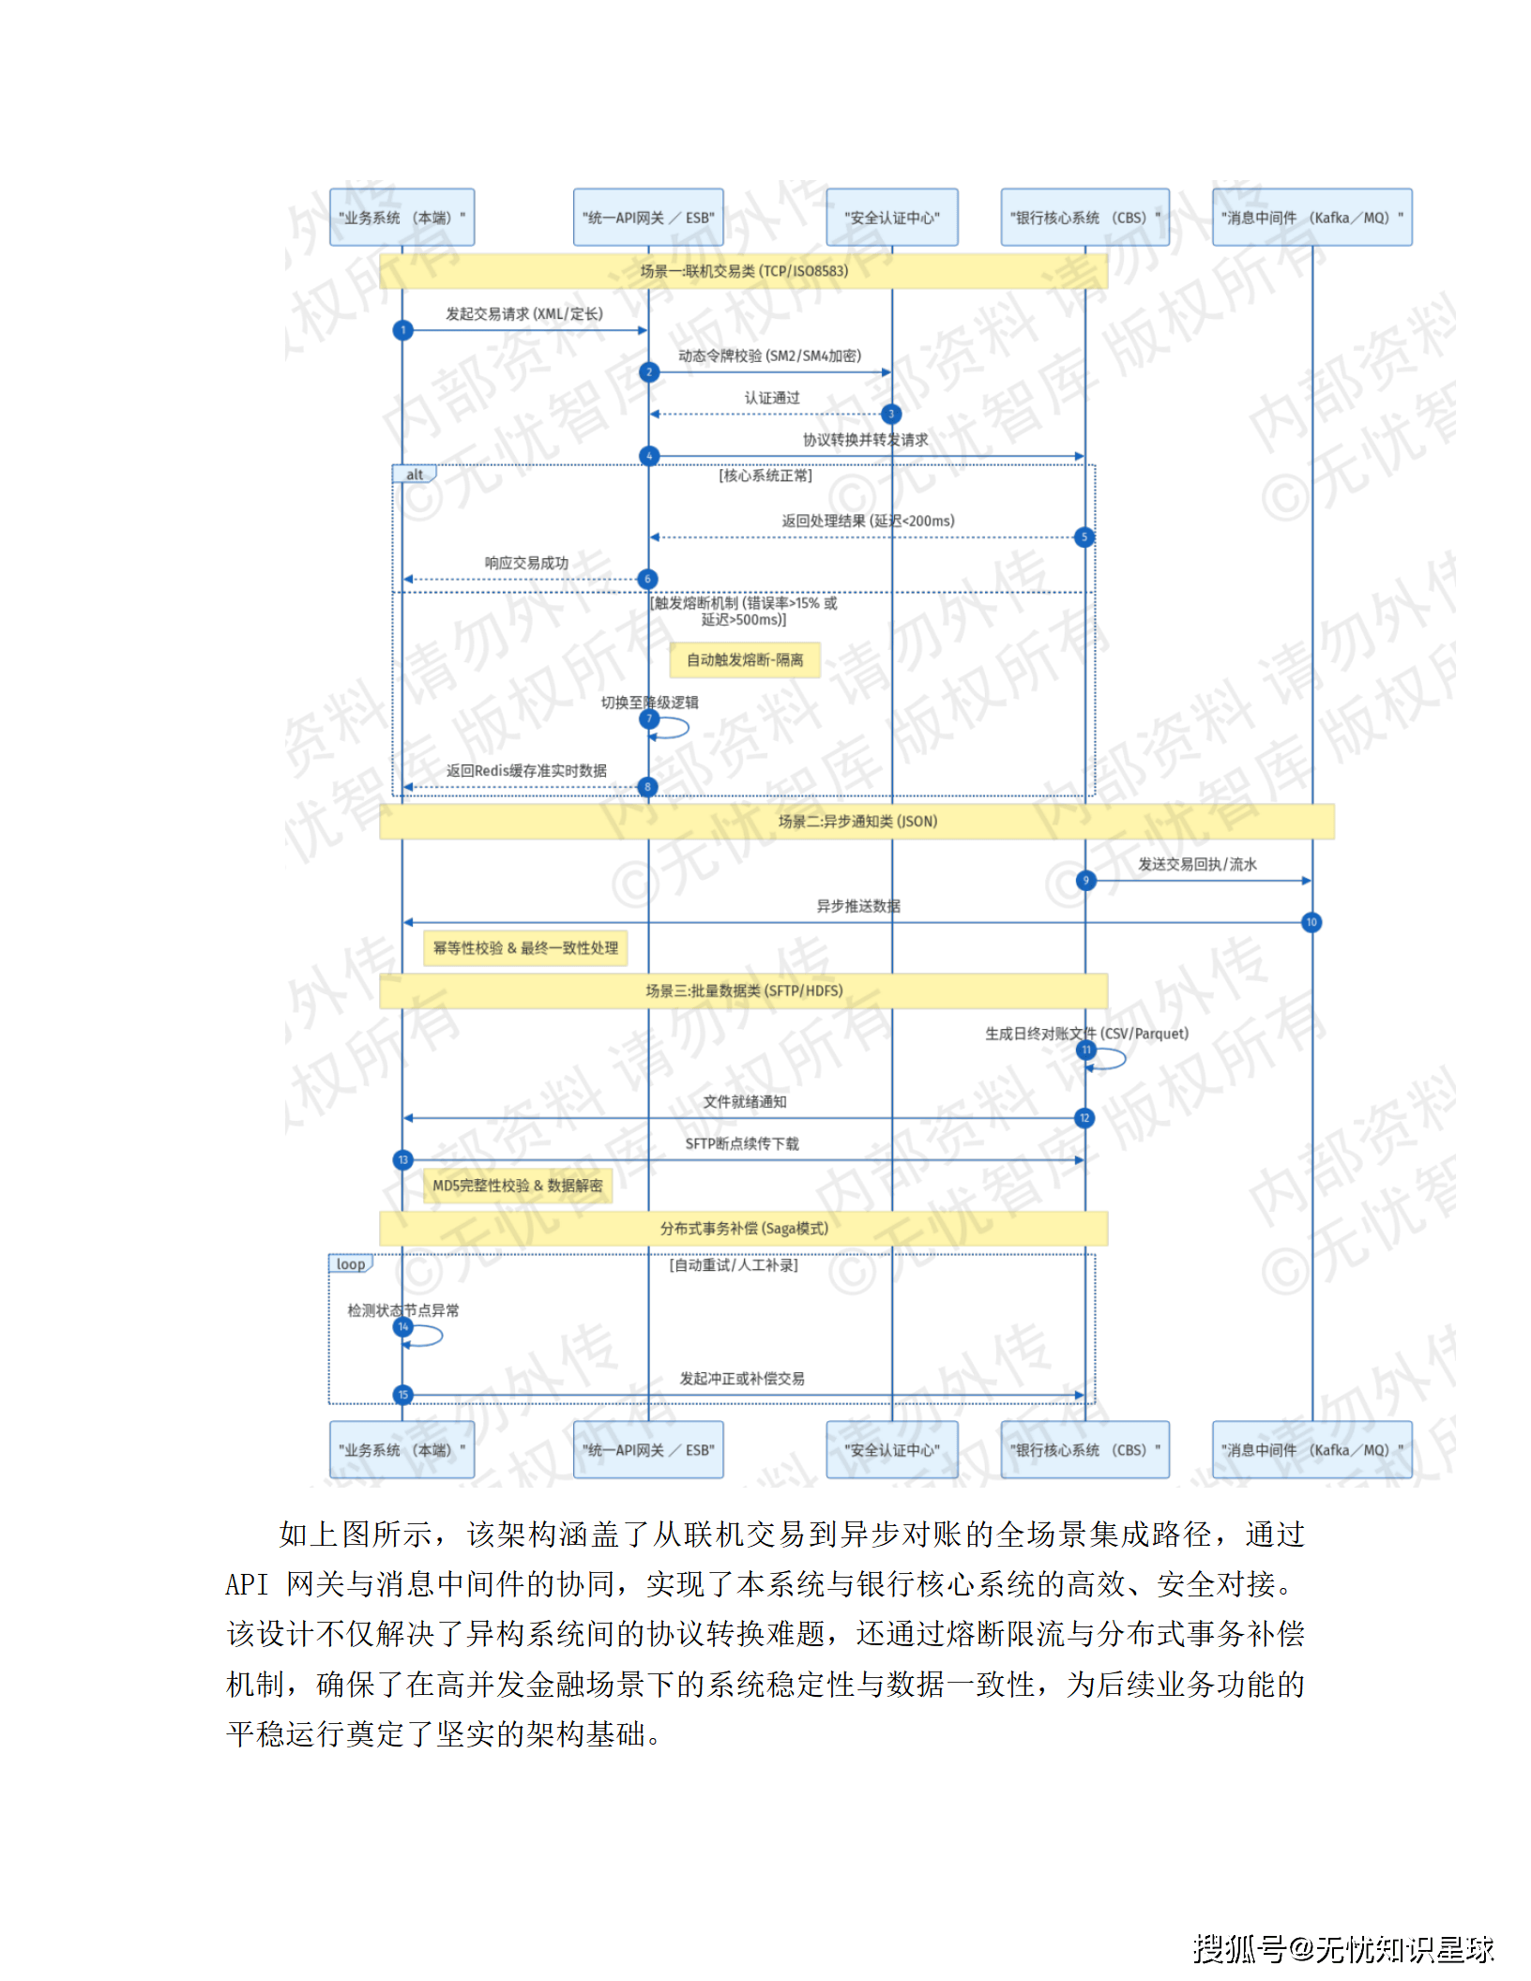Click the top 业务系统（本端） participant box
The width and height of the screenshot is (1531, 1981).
tap(402, 218)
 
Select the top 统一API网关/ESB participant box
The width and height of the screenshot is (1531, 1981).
tap(648, 218)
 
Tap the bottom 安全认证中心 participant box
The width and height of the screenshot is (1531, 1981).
tap(891, 1450)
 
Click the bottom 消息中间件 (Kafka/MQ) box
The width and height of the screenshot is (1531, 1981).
tap(1311, 1450)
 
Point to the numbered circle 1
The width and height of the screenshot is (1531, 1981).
tap(403, 330)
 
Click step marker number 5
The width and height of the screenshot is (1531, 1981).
tap(1084, 537)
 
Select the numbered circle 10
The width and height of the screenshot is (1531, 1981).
tap(1311, 923)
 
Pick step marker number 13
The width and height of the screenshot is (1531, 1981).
tap(403, 1160)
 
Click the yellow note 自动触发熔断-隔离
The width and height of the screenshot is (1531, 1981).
tap(745, 660)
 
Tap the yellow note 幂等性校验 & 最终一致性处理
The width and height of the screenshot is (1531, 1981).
tap(525, 948)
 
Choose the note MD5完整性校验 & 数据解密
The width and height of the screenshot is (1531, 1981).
tap(518, 1186)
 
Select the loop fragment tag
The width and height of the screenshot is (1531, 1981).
tap(351, 1264)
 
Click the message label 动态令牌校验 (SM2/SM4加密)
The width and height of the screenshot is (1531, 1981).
tap(769, 356)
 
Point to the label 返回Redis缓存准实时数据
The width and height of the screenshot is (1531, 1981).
tap(526, 771)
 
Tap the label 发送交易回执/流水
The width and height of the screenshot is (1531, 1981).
tap(1197, 865)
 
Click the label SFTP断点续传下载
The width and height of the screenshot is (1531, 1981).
tap(742, 1144)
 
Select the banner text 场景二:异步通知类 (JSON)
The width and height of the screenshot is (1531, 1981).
tap(857, 822)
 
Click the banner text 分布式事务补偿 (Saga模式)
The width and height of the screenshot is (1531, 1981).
tap(744, 1229)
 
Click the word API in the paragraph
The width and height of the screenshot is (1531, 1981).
tap(247, 1585)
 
